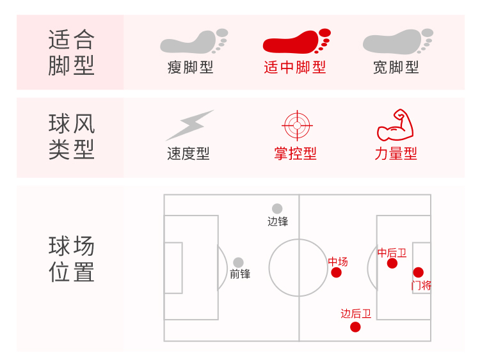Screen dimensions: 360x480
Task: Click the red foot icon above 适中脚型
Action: click(296, 42)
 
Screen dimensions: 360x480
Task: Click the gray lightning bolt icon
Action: click(189, 125)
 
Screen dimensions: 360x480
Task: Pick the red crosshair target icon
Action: click(295, 125)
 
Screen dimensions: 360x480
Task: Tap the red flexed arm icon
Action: click(395, 125)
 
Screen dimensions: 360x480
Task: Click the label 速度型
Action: click(189, 154)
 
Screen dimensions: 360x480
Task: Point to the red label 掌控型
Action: click(295, 154)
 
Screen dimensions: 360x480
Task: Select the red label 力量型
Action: click(396, 154)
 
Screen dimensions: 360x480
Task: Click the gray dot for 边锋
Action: click(277, 208)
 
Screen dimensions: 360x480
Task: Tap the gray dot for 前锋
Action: click(238, 262)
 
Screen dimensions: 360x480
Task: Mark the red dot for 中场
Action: click(337, 273)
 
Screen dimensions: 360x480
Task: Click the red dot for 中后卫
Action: click(392, 263)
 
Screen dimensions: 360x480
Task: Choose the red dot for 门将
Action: click(419, 272)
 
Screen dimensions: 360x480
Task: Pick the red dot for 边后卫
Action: click(355, 327)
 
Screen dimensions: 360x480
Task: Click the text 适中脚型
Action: click(295, 68)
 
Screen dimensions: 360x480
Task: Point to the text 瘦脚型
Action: click(191, 68)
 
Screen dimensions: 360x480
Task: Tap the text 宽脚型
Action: click(396, 68)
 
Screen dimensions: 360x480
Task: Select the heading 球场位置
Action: click(71, 260)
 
